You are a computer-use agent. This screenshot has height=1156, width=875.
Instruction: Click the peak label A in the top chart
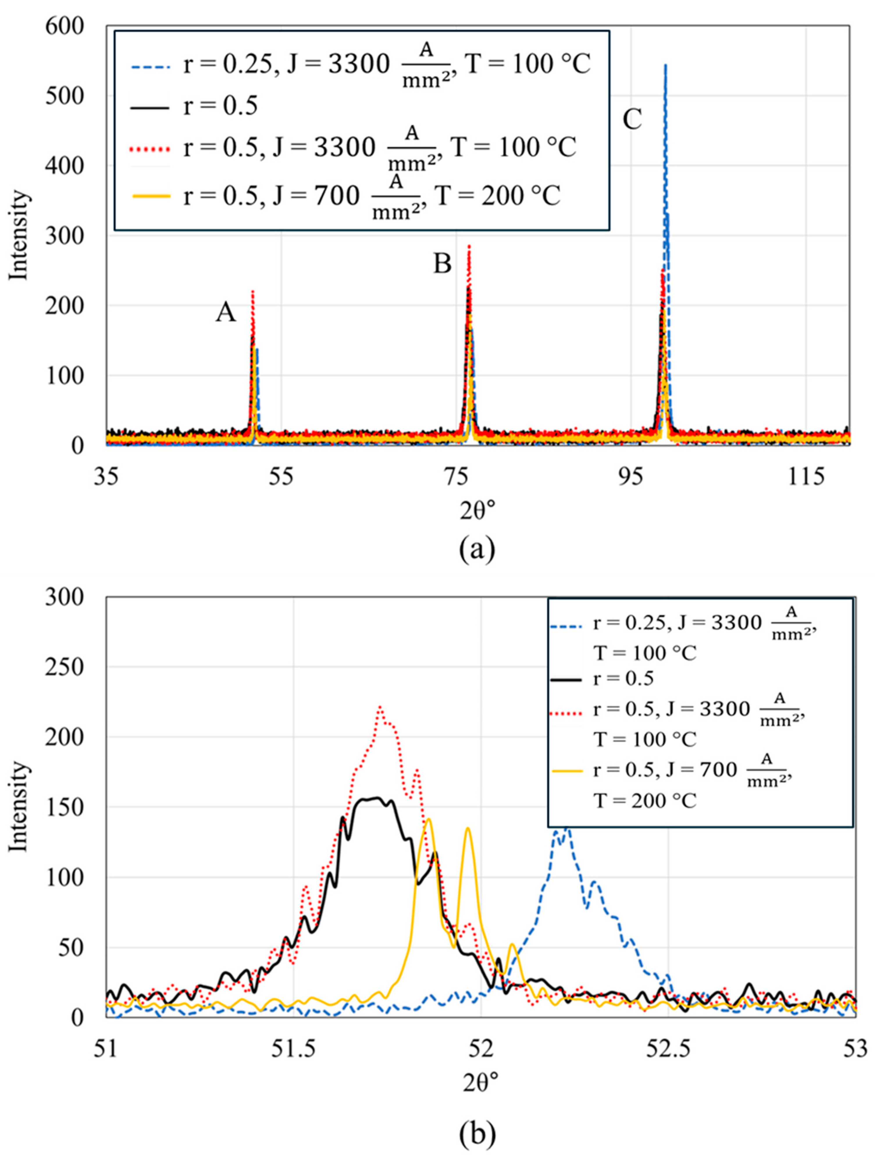226,314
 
